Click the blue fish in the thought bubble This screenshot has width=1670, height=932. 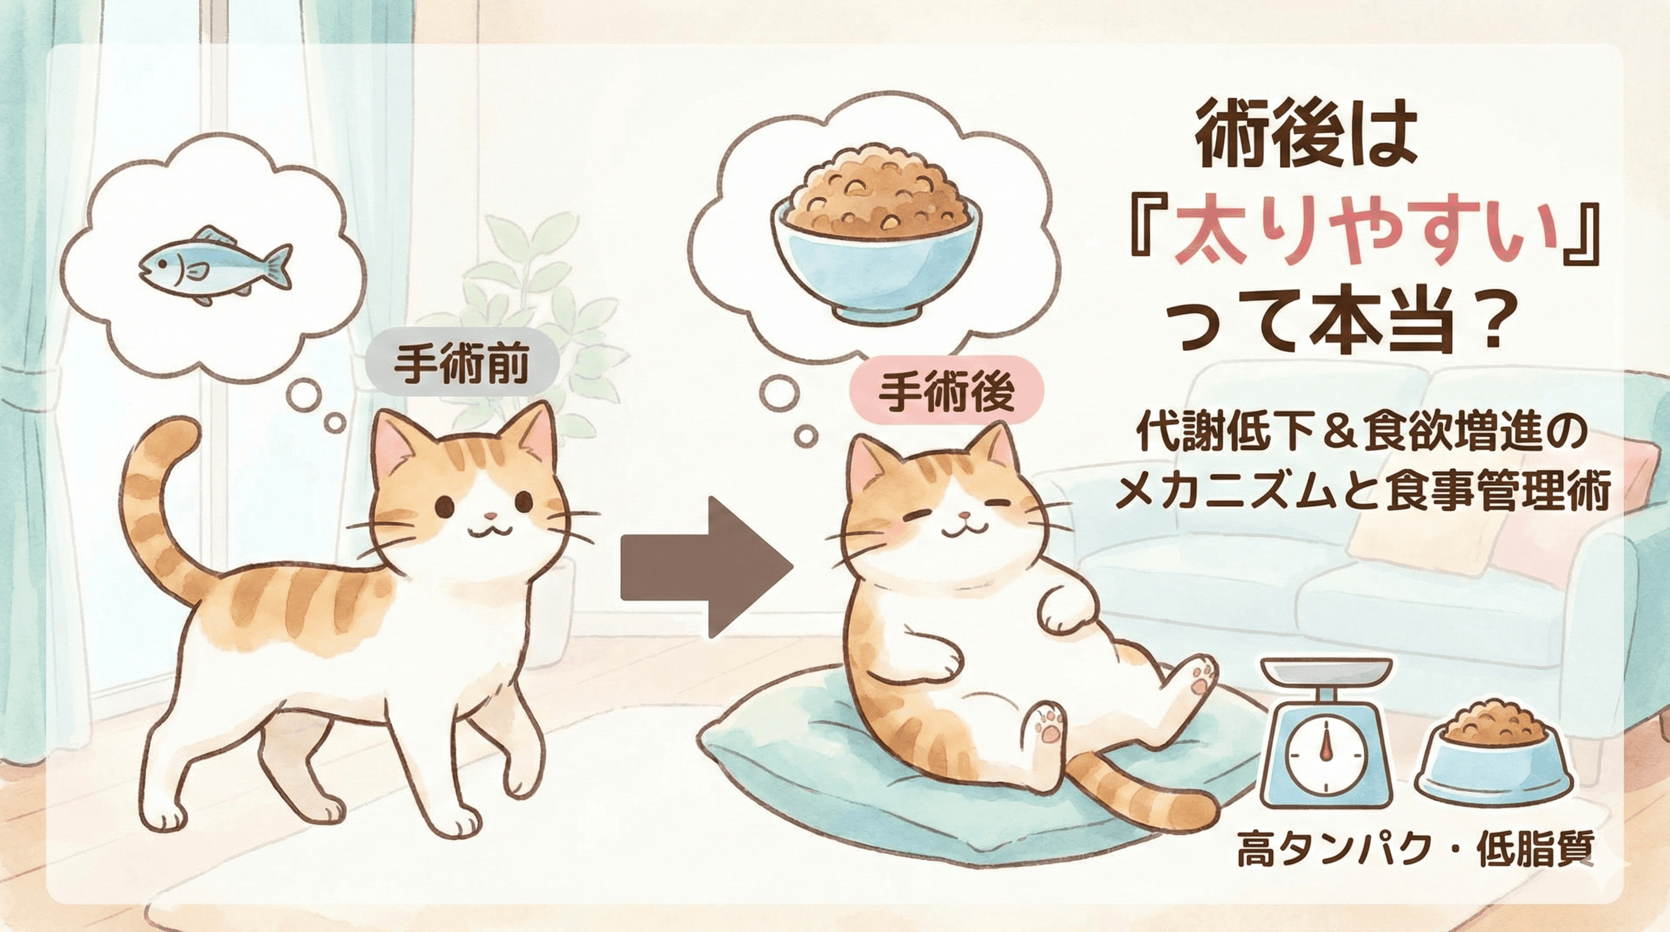pyautogui.click(x=214, y=266)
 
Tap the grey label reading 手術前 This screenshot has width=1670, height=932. pyautogui.click(x=462, y=366)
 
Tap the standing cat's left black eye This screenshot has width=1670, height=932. pyautogui.click(x=444, y=505)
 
